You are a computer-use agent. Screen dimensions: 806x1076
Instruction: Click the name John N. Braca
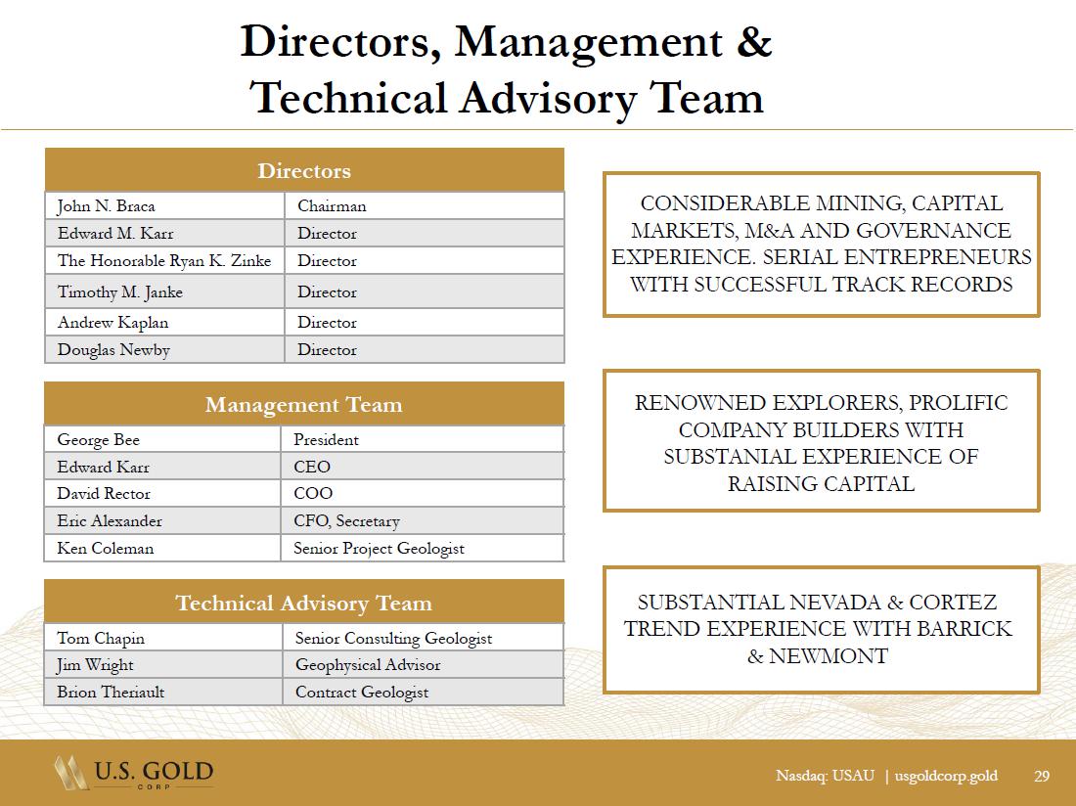click(x=106, y=206)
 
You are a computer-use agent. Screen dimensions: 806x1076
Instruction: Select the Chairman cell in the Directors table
click(x=332, y=206)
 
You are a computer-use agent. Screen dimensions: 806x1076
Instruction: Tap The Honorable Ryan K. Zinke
click(x=163, y=261)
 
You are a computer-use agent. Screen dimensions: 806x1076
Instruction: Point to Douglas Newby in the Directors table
click(x=113, y=350)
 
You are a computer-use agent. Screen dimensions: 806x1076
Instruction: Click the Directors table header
click(x=304, y=171)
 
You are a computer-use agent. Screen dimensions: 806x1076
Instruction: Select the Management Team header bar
click(x=304, y=405)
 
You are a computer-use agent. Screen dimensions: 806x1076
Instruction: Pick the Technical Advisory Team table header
click(x=304, y=603)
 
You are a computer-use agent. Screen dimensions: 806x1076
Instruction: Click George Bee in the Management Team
click(x=98, y=440)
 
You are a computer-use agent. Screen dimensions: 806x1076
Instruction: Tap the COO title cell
click(x=313, y=494)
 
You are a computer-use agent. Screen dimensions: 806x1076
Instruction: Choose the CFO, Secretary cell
click(x=346, y=521)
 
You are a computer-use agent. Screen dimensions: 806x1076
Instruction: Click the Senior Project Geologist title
click(x=379, y=549)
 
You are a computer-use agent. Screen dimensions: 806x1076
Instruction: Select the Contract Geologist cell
click(x=362, y=693)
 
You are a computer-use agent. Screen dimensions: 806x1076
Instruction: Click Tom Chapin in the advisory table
click(x=101, y=639)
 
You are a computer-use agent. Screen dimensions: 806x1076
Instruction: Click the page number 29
click(x=1042, y=777)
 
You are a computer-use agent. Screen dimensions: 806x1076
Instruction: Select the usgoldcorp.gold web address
click(x=946, y=777)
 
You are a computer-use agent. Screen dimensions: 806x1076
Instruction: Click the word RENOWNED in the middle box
click(x=696, y=403)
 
